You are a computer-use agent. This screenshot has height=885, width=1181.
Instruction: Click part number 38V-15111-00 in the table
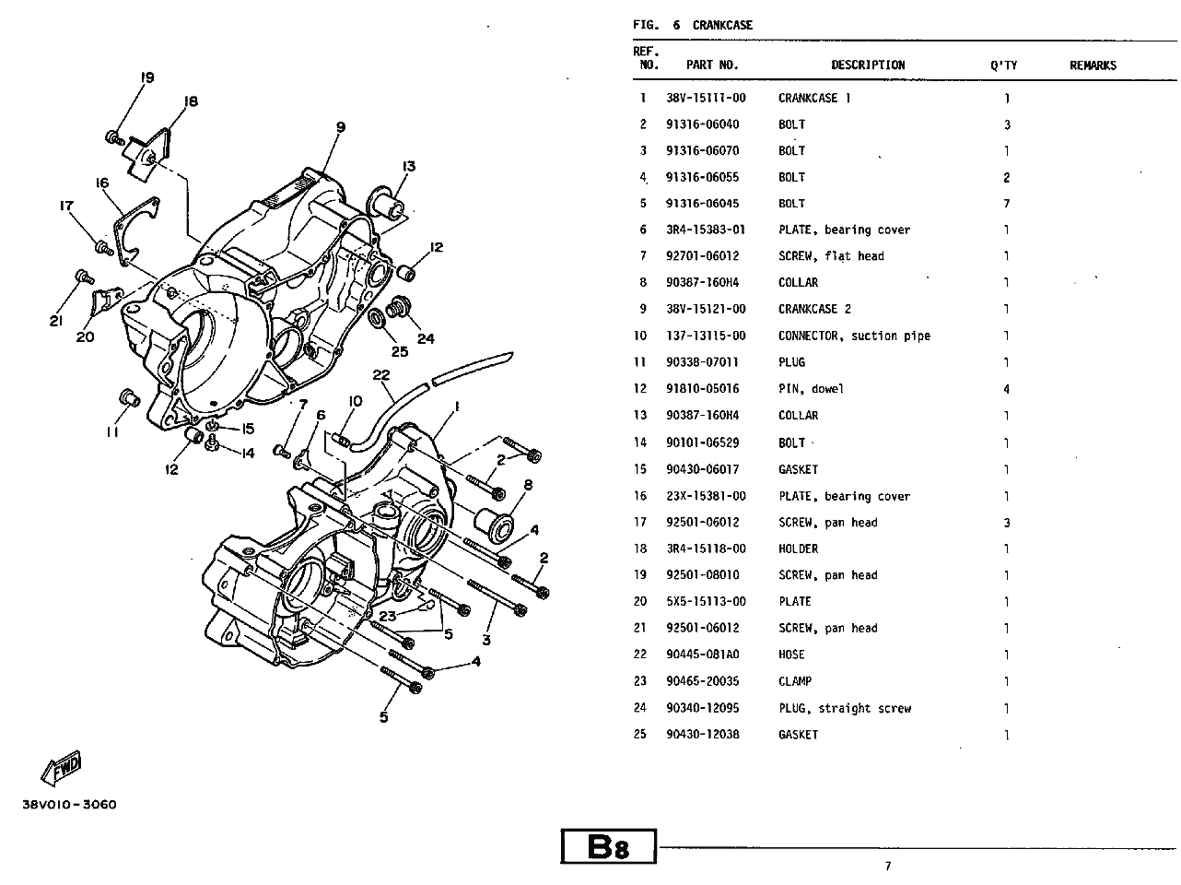click(706, 98)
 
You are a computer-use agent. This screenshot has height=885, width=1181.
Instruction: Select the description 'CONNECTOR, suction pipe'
click(854, 336)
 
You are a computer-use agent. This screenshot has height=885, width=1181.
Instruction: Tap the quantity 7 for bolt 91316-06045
click(1006, 204)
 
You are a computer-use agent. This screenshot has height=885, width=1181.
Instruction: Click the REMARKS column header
click(1093, 65)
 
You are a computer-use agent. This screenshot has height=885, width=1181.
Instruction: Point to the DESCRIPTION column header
click(867, 65)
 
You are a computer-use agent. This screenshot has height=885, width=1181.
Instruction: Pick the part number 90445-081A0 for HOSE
click(702, 654)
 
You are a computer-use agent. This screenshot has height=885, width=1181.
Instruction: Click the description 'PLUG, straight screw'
click(845, 708)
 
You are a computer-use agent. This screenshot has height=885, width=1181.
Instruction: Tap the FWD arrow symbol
click(61, 767)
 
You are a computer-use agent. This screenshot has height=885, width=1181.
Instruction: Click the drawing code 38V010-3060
click(69, 804)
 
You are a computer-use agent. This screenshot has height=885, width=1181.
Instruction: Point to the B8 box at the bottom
click(608, 846)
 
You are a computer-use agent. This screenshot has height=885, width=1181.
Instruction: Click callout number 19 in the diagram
click(146, 77)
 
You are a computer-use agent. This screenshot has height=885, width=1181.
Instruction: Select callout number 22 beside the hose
click(381, 374)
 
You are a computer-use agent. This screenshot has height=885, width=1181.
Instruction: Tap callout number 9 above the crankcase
click(341, 127)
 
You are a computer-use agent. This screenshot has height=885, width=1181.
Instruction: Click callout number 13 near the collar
click(409, 166)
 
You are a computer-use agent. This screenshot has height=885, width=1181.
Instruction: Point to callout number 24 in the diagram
click(426, 338)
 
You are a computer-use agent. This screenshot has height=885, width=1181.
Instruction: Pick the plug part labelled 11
click(129, 398)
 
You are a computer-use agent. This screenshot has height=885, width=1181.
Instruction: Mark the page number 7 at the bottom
click(888, 867)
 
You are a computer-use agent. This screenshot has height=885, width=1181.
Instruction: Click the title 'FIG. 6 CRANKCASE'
click(693, 25)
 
